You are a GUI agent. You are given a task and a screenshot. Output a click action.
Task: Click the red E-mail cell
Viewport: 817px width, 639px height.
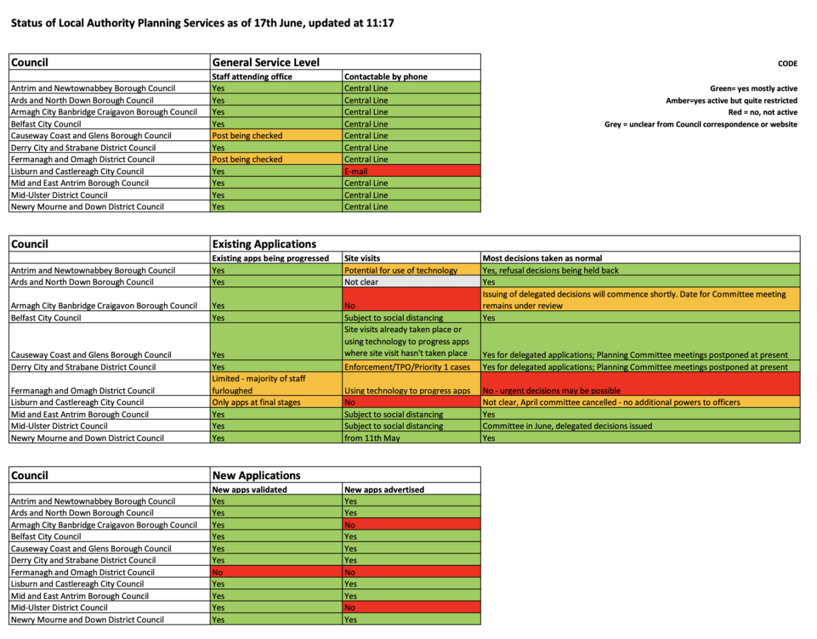coord(411,171)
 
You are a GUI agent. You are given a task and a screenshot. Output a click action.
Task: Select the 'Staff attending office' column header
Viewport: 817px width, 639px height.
coord(252,77)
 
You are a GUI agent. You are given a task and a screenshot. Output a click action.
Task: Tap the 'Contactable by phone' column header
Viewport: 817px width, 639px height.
coord(386,77)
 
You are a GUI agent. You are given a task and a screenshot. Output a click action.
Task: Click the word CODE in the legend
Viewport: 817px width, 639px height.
coord(787,64)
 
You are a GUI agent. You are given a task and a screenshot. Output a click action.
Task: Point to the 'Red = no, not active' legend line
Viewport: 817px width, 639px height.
coord(763,112)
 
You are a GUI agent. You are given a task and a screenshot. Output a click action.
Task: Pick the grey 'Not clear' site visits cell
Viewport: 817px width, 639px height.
coord(411,282)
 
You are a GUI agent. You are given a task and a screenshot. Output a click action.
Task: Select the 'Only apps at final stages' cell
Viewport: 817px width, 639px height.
coord(276,402)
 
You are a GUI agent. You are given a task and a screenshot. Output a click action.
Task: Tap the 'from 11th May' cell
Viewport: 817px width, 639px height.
coord(411,438)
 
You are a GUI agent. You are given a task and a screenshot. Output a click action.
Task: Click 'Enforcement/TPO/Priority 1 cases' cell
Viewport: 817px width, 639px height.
coord(411,367)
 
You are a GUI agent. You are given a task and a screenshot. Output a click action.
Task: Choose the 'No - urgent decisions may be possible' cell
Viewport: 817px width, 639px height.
coord(640,384)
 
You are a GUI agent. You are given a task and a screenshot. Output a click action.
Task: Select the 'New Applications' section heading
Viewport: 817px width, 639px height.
coord(256,476)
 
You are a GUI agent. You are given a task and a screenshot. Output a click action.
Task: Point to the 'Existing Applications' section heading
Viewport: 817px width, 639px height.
coord(264,244)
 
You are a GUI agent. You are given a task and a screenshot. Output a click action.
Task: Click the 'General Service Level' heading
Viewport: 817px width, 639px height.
coord(266,62)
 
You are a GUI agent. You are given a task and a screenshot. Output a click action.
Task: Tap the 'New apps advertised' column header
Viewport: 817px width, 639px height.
coord(384,489)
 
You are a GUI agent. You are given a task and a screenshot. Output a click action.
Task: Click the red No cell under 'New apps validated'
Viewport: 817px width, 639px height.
coord(276,572)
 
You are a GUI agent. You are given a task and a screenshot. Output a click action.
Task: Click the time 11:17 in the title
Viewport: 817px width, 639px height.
coord(382,24)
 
